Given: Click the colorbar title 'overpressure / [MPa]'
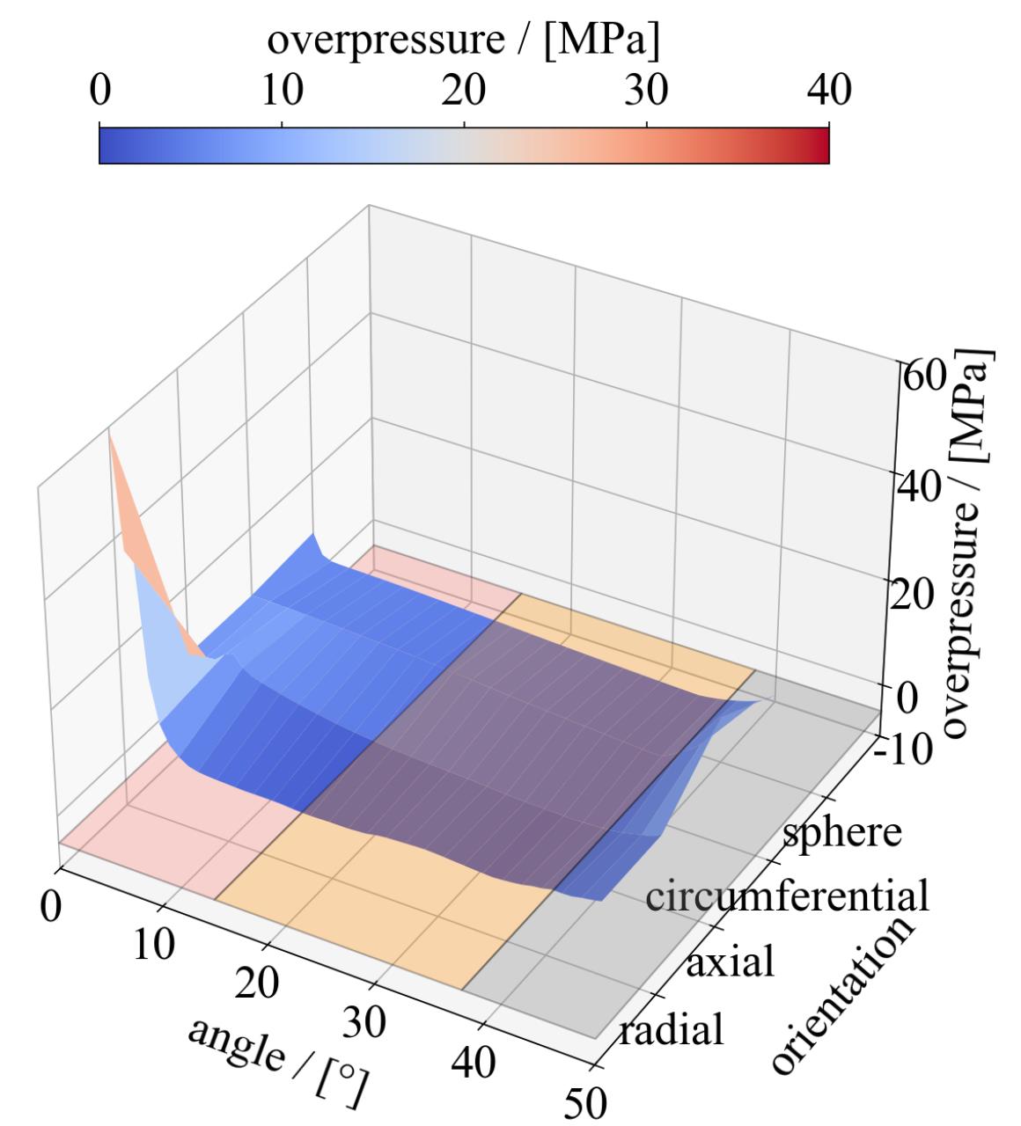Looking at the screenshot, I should pyautogui.click(x=463, y=40).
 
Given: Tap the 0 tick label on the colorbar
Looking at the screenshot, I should pyautogui.click(x=99, y=90).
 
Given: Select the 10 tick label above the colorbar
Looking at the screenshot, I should pyautogui.click(x=281, y=90).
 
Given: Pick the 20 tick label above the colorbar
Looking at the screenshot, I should pyautogui.click(x=464, y=90).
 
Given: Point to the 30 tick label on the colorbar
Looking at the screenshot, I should pyautogui.click(x=646, y=90).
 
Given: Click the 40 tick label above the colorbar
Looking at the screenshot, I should pyautogui.click(x=828, y=90).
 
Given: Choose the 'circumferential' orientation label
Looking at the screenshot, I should pyautogui.click(x=787, y=896).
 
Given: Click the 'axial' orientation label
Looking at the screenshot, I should pyautogui.click(x=730, y=962).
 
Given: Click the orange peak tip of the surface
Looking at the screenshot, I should pyautogui.click(x=110, y=435).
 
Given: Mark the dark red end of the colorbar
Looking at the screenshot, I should pyautogui.click(x=823, y=146).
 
